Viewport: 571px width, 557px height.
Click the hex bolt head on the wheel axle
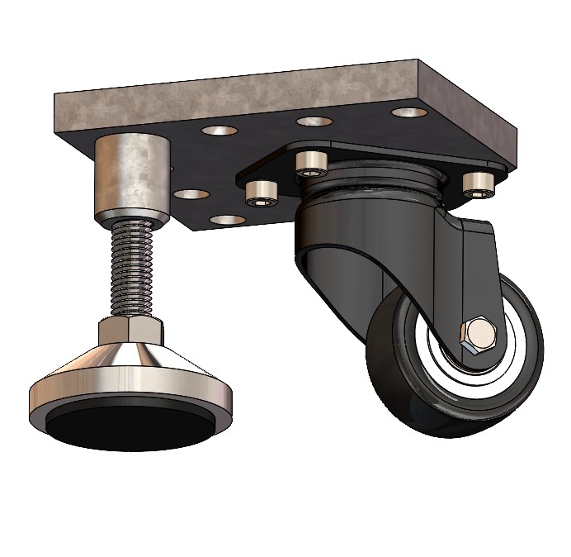coord(477,334)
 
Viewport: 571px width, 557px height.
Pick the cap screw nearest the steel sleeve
coord(262,193)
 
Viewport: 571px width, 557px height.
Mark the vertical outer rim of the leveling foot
coord(50,400)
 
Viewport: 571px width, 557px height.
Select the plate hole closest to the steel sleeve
coord(191,195)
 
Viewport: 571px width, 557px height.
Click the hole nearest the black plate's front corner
coord(228,221)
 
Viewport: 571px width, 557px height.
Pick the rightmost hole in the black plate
coord(409,112)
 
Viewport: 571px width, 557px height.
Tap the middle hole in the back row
coord(314,121)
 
